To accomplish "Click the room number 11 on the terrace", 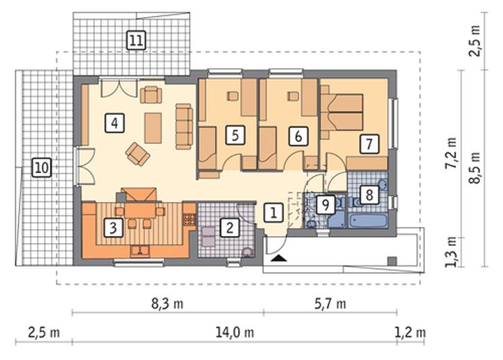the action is click(136, 40).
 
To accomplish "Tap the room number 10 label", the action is click(42, 168).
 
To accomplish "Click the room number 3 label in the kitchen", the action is click(113, 228).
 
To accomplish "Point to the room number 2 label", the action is click(230, 228).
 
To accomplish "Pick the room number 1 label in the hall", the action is click(274, 213).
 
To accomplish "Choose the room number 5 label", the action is click(235, 135).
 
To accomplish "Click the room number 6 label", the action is click(299, 136).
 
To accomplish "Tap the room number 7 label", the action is click(369, 144).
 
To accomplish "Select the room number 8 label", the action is click(369, 195).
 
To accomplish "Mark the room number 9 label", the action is click(326, 205).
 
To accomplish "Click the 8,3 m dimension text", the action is click(167, 304).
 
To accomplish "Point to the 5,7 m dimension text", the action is click(330, 304).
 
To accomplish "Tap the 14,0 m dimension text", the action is click(234, 333).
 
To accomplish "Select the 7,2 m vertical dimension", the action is click(452, 153).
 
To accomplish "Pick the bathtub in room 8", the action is click(367, 222).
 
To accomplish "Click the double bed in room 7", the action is click(342, 112).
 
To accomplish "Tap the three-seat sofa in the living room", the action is click(184, 126).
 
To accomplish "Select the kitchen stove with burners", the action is click(189, 219).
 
